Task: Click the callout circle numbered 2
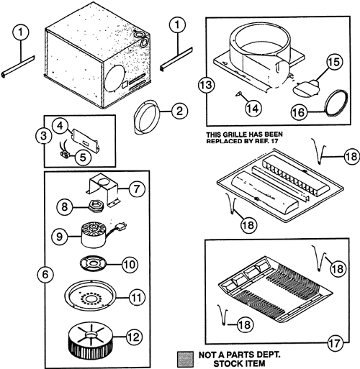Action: click(179, 111)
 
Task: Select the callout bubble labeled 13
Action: click(207, 85)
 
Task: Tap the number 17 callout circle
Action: click(335, 343)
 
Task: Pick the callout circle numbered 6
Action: click(45, 274)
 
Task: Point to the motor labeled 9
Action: click(94, 235)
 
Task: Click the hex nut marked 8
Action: click(94, 206)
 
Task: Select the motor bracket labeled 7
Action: click(102, 189)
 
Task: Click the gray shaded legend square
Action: click(185, 359)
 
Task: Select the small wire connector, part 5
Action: click(64, 154)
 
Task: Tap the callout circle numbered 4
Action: click(60, 125)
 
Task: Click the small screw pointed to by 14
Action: click(239, 94)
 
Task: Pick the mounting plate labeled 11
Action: click(90, 296)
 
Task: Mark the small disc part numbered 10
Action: click(93, 263)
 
